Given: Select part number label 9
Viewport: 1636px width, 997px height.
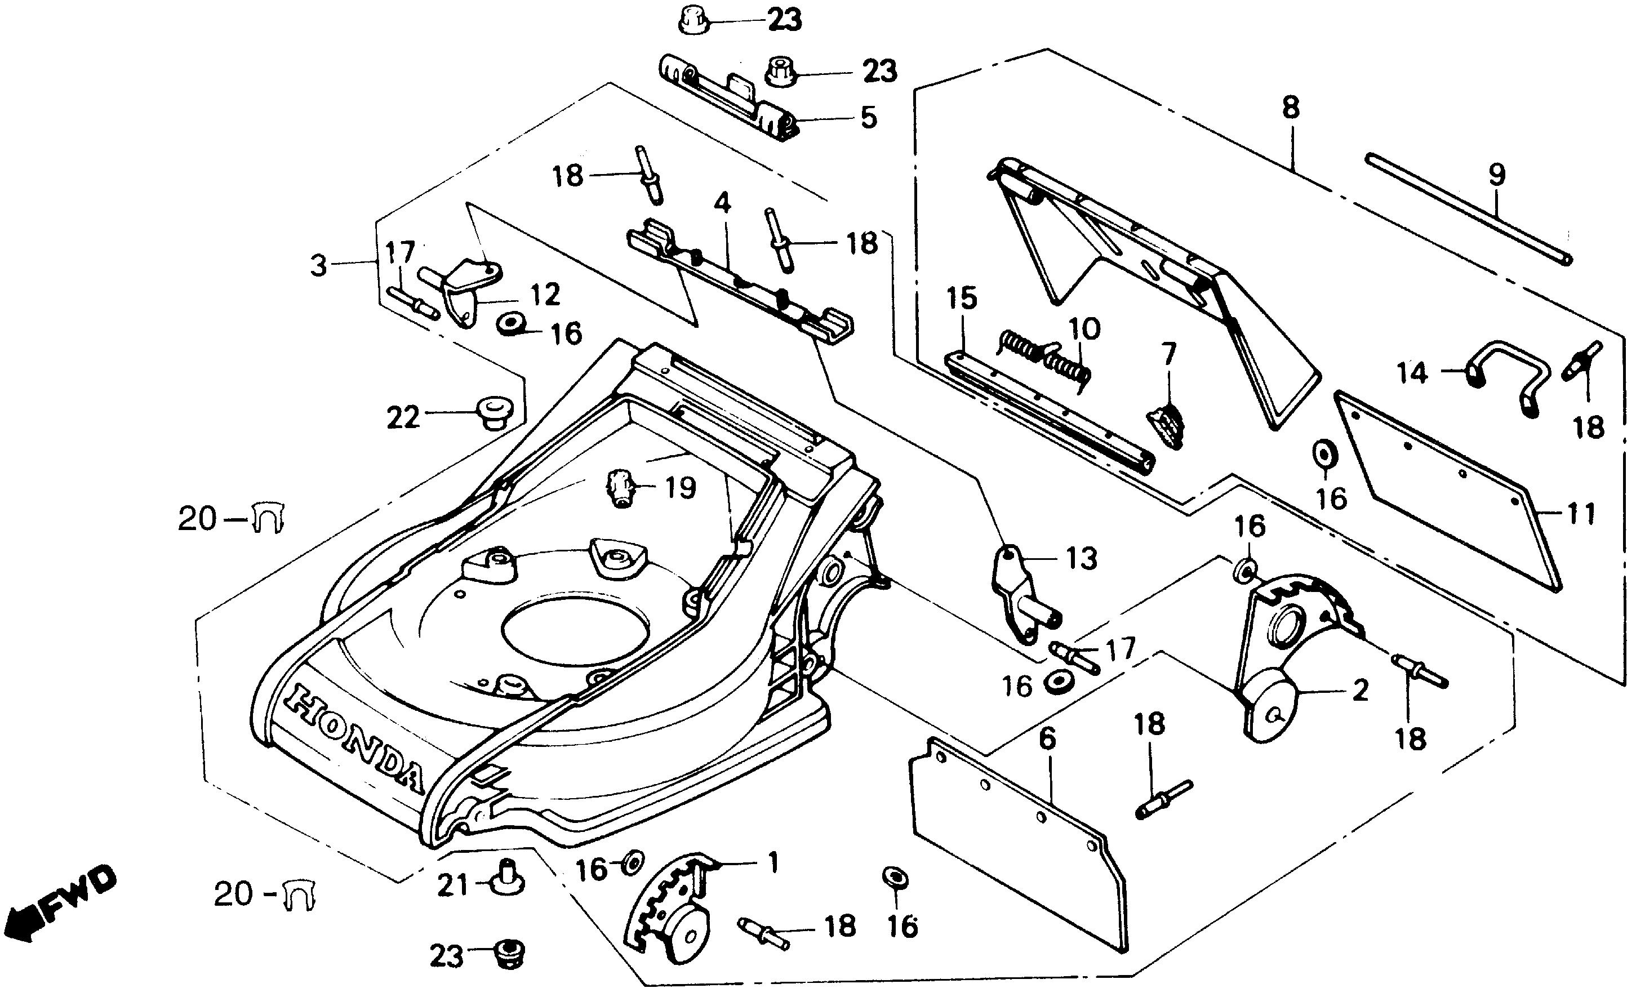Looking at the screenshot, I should coord(1496,175).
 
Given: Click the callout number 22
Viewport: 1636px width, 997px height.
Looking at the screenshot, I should coord(403,417).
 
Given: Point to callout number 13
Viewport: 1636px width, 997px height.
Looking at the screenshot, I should coord(1082,559).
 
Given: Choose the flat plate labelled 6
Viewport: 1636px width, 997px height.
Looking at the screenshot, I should coord(1016,843).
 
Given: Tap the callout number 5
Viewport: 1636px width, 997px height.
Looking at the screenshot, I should coord(869,118).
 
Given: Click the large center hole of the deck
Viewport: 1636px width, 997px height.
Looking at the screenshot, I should coord(574,631).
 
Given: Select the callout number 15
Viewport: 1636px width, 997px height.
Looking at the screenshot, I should coord(962,298).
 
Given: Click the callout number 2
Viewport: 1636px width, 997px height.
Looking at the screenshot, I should coord(1361,691).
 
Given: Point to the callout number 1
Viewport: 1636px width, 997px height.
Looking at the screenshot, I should coord(772,863).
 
